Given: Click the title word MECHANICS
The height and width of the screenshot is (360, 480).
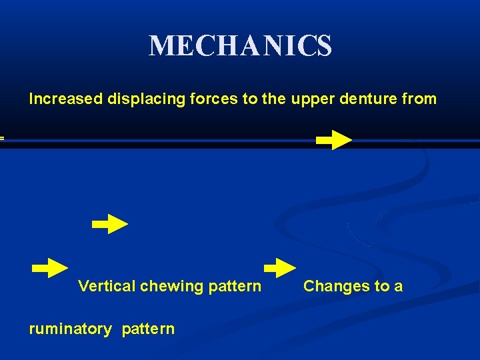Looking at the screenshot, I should click(240, 46).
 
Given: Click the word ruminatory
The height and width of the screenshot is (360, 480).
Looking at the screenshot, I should click(71, 329).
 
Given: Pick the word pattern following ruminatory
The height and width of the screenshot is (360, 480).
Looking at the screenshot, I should click(148, 329).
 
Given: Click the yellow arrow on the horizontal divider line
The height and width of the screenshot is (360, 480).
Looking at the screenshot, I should click(333, 140).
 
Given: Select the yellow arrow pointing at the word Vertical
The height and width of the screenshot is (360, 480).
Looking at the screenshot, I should click(50, 268).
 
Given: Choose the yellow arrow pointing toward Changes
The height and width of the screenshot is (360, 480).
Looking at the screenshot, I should click(280, 268).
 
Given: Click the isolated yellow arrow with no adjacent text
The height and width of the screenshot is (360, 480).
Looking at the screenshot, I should click(110, 225).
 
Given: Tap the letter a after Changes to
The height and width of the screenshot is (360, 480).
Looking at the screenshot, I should click(399, 287).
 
